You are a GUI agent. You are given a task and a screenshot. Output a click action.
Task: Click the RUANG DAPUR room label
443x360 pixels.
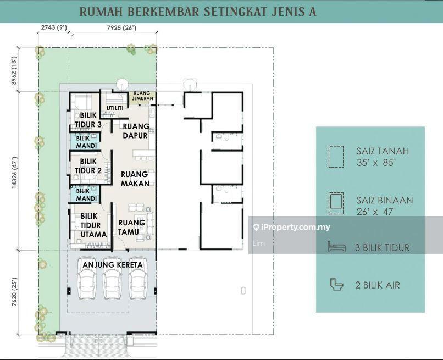pyautogui.click(x=135, y=131)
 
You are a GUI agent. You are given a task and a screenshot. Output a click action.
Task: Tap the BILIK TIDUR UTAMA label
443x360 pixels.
pyautogui.click(x=93, y=225)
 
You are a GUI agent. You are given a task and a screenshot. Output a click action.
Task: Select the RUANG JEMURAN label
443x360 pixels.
pyautogui.click(x=143, y=96)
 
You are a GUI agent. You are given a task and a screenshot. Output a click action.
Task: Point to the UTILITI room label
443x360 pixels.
pyautogui.click(x=115, y=108)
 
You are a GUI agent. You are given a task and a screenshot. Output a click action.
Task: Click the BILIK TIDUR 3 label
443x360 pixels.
pyautogui.click(x=88, y=120)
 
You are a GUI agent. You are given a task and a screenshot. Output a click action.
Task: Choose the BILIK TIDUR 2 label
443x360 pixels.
pyautogui.click(x=88, y=166)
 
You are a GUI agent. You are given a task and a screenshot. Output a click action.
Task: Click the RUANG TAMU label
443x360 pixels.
pyautogui.click(x=132, y=228)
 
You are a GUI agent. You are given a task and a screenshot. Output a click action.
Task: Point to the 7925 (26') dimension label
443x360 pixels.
pyautogui.click(x=121, y=27)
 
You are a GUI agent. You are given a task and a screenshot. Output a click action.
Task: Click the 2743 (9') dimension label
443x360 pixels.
pyautogui.click(x=54, y=27)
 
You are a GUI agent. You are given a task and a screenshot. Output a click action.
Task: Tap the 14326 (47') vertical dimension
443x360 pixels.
pyautogui.click(x=14, y=173)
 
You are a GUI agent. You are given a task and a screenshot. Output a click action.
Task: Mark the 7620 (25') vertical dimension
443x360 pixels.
pyautogui.click(x=14, y=292)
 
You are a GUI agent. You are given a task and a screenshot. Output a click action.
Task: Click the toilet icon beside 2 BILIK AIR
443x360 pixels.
pyautogui.click(x=336, y=284)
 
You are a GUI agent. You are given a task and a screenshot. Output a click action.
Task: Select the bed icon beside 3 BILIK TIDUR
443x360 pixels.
pyautogui.click(x=336, y=247)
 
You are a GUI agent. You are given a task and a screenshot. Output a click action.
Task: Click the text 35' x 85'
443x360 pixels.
pyautogui.click(x=375, y=163)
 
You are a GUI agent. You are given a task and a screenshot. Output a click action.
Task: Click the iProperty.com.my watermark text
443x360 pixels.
pyautogui.click(x=292, y=227)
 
